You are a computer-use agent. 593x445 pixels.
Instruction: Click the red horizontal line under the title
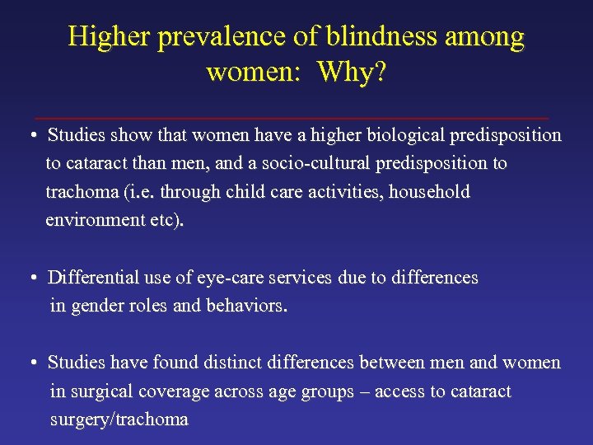tap(296, 119)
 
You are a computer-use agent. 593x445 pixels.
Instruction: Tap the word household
tap(428, 192)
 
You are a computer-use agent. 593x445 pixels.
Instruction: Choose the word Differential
tap(98, 279)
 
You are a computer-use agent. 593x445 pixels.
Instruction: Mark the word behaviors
tap(246, 307)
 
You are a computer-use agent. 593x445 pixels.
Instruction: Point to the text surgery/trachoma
tap(119, 420)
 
